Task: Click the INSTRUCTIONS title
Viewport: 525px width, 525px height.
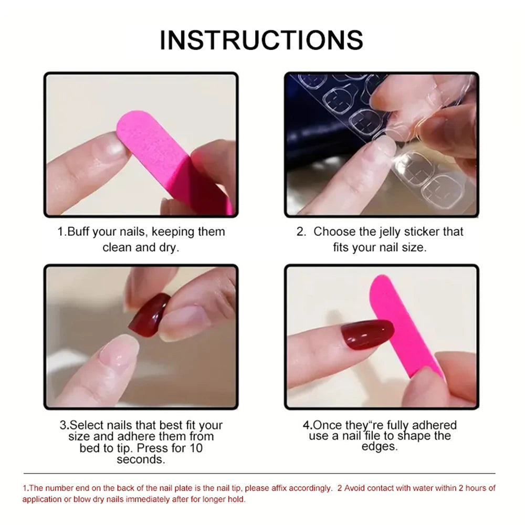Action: (x=261, y=40)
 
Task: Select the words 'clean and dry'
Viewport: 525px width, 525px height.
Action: (x=141, y=247)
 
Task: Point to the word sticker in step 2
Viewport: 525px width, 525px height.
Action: (x=426, y=232)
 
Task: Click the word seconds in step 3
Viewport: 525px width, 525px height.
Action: (x=141, y=459)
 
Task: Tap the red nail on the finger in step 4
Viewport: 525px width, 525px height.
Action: (x=367, y=334)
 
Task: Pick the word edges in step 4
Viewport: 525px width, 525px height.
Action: (x=379, y=447)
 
